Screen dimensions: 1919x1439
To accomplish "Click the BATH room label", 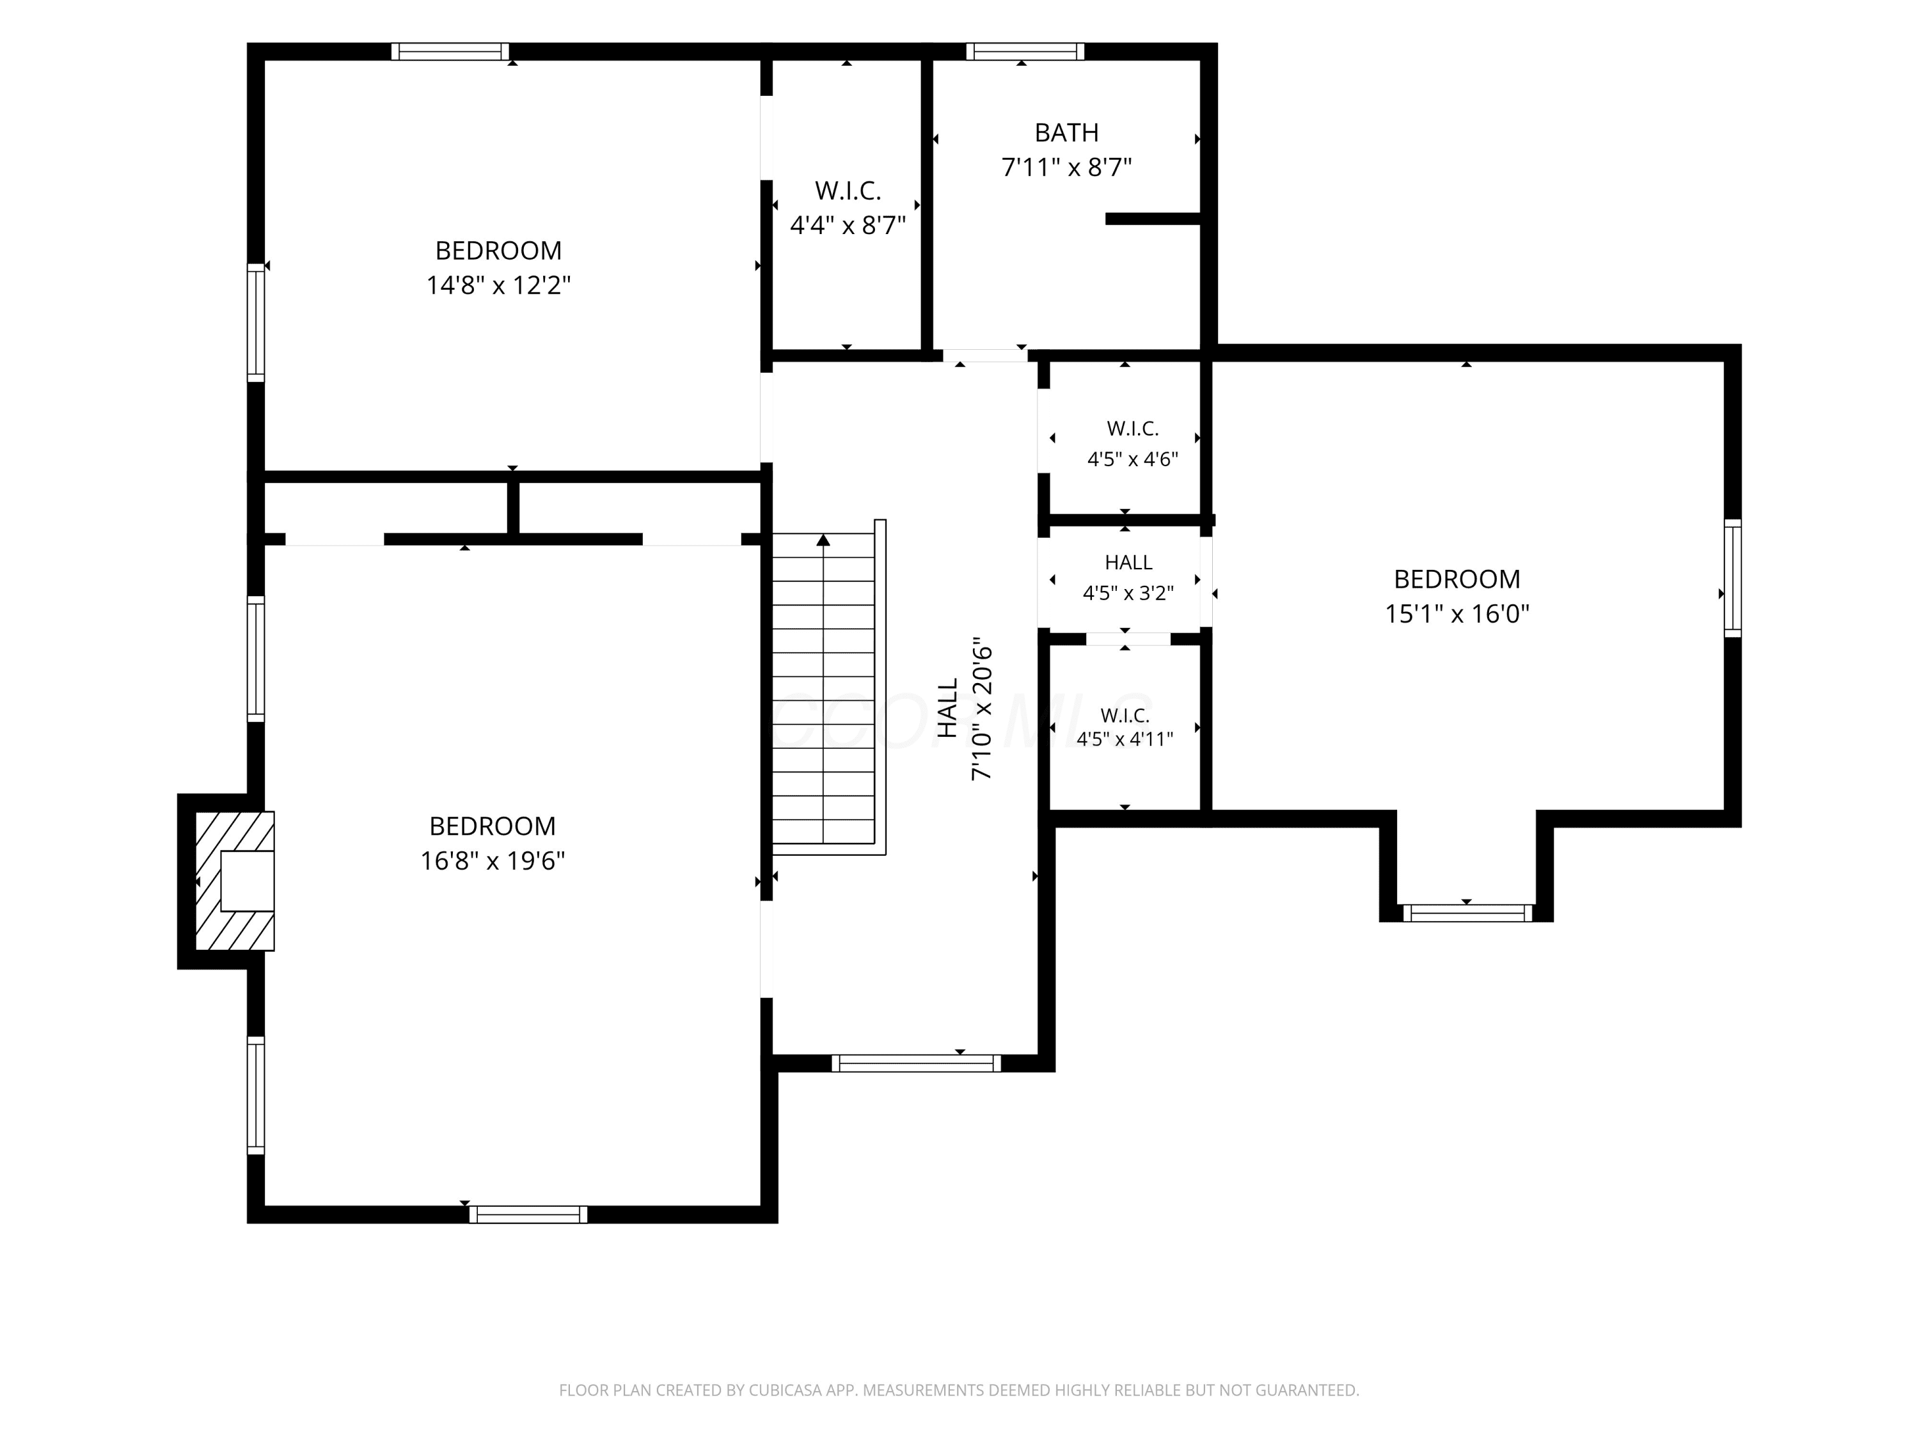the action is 1066,133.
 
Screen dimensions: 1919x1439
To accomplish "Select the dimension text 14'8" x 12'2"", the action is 498,285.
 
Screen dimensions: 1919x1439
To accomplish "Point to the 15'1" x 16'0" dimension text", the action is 1457,614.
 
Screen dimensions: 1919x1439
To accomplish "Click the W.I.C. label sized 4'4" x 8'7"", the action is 848,191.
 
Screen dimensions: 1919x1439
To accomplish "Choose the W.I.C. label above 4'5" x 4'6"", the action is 1132,429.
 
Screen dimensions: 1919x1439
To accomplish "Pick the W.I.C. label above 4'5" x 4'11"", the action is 1125,716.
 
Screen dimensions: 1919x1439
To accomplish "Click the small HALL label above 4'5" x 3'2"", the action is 1128,563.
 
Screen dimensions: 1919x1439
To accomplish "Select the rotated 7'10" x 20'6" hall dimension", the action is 981,713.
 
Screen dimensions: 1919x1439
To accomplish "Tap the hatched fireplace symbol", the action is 234,881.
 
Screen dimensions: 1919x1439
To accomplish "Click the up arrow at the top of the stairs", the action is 823,540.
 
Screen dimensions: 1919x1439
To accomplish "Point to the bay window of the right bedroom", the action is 1466,913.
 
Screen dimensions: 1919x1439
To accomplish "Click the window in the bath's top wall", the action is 1025,52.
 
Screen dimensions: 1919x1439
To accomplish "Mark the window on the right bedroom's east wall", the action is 1732,578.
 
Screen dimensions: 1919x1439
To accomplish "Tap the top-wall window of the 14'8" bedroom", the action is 450,52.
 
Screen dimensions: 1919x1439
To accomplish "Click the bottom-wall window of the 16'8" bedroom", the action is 528,1215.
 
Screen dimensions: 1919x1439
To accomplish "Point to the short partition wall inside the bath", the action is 1153,219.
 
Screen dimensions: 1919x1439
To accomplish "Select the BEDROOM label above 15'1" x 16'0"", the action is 1457,579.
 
